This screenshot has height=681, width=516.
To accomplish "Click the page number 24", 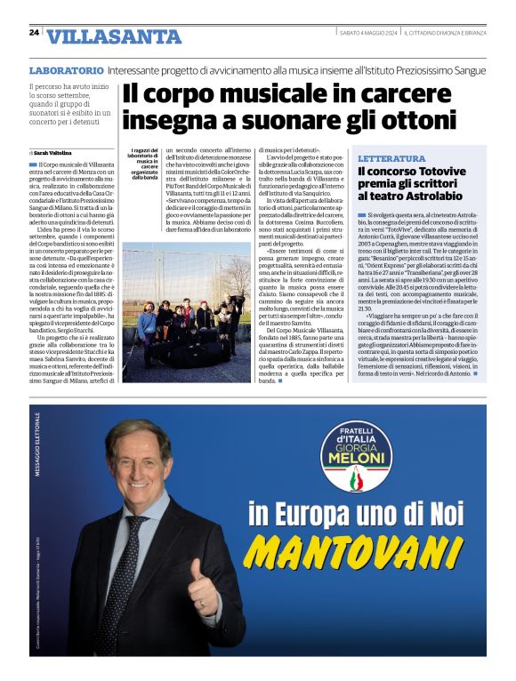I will pyautogui.click(x=34, y=32).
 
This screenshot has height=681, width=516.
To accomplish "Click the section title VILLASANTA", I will pyautogui.click(x=113, y=36).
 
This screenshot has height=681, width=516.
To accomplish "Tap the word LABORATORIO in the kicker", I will pyautogui.click(x=67, y=69).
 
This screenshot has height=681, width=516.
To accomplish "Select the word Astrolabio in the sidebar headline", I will pyautogui.click(x=440, y=195).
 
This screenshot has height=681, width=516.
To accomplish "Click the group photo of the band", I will pyautogui.click(x=187, y=312).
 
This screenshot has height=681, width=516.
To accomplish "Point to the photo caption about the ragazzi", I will pyautogui.click(x=142, y=164).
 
